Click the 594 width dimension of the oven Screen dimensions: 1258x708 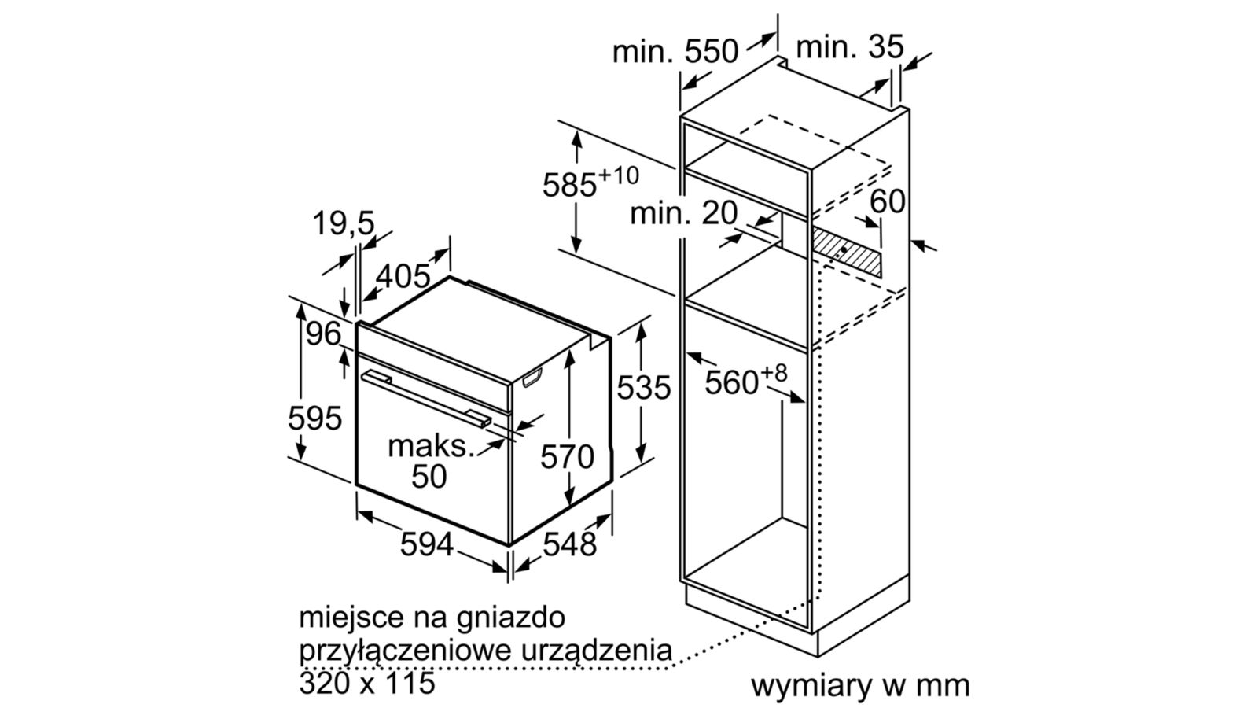[x=427, y=544]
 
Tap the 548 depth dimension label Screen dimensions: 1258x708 [x=570, y=544]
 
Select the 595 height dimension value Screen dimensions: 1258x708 [x=314, y=418]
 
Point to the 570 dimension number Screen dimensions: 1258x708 [x=567, y=456]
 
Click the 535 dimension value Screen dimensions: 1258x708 [x=644, y=388]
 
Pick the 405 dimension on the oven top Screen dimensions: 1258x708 [x=403, y=276]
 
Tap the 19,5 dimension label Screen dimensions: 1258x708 [x=344, y=224]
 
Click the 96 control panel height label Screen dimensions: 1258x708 [x=324, y=334]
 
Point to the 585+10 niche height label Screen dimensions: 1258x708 [x=590, y=183]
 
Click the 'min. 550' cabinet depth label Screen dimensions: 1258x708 [x=675, y=52]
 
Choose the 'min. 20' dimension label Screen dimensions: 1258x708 [x=684, y=212]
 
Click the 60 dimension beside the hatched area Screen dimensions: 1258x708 [x=888, y=202]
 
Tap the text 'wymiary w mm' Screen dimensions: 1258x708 [x=860, y=685]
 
